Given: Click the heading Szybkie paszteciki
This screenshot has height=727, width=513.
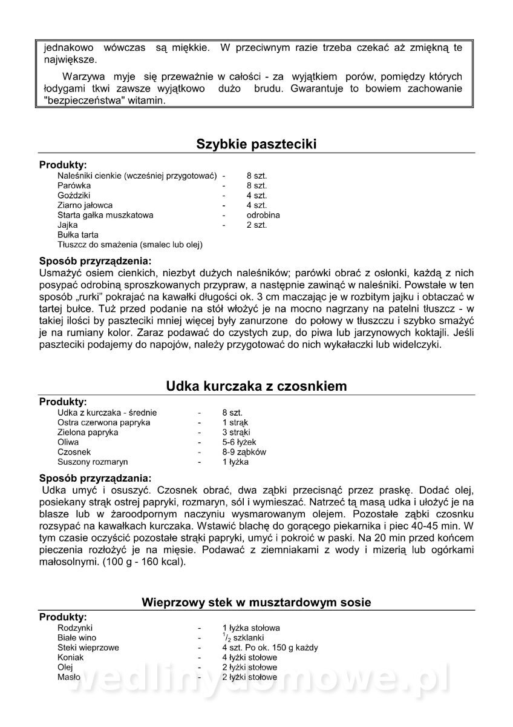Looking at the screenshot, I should (x=256, y=144).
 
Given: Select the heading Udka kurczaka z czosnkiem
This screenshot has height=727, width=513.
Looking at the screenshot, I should (x=256, y=387).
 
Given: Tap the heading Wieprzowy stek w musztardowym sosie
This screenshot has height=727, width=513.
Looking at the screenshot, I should (x=256, y=602).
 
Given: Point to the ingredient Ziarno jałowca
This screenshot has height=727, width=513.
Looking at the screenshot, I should (x=85, y=205).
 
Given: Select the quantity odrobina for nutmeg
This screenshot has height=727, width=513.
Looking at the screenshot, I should (x=263, y=215).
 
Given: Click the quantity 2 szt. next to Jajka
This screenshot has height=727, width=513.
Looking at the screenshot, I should (x=256, y=225).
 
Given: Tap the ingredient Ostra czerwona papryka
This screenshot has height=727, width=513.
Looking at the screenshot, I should (x=103, y=422).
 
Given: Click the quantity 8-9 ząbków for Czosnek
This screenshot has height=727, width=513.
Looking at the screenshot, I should (x=244, y=452).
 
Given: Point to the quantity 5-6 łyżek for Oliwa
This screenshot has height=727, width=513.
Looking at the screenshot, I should (x=239, y=442).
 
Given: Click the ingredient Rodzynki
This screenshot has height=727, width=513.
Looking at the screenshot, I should (x=75, y=628).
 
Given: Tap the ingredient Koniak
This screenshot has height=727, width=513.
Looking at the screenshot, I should (x=71, y=657).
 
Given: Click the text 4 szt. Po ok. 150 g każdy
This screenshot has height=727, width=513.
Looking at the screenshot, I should (x=270, y=648).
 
